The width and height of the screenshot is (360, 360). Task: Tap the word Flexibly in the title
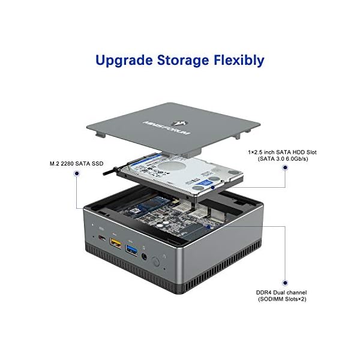pos(239,60)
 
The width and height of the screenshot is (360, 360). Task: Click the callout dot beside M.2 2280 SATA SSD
pos(76,173)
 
